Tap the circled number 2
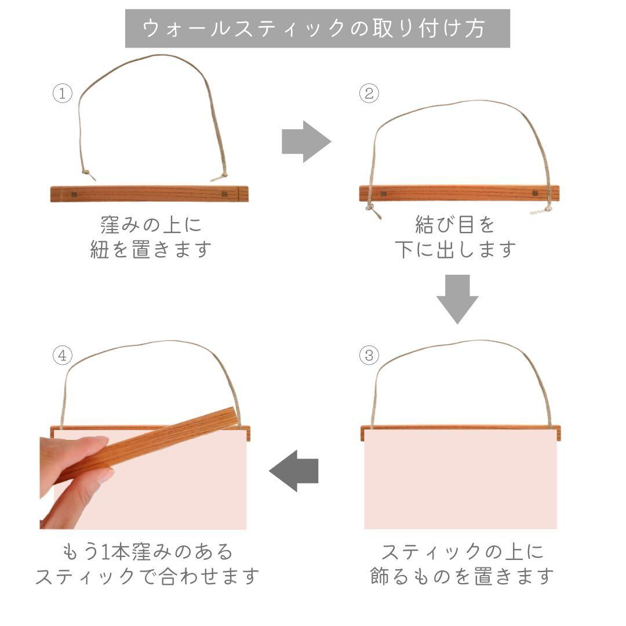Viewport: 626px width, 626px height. pos(369,94)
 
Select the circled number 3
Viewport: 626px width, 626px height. pos(369,355)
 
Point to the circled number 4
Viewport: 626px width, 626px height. pos(62,355)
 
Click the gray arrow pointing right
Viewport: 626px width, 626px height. pos(305,141)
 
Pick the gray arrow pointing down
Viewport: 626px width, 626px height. pos(457,299)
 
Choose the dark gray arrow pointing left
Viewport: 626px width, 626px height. pos(294,470)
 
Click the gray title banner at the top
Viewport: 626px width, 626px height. pos(318,28)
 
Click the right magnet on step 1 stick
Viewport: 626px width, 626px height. pos(225,194)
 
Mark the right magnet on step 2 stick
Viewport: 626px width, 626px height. pos(534,194)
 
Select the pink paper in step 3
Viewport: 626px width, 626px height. pos(460,484)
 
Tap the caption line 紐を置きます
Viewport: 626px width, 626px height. pos(151,250)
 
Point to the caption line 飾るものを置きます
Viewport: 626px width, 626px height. pos(462,577)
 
